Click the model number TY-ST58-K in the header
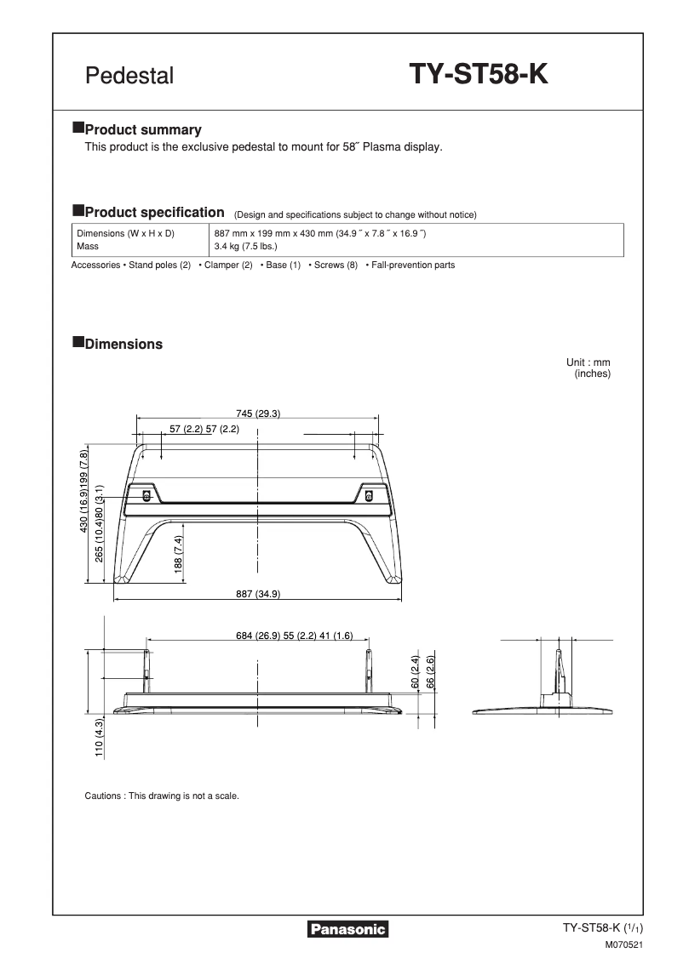(479, 76)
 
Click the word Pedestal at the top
(129, 77)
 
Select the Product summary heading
(143, 130)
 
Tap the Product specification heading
(154, 212)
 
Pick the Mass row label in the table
(88, 247)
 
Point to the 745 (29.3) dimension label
(258, 414)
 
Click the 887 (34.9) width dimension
(258, 594)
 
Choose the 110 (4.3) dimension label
(100, 738)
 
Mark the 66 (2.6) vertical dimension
(431, 671)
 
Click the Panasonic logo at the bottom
(347, 930)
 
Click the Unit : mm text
(594, 362)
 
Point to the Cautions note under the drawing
(162, 796)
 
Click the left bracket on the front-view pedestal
(146, 494)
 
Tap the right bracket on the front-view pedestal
(370, 494)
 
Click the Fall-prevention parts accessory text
(410, 265)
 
